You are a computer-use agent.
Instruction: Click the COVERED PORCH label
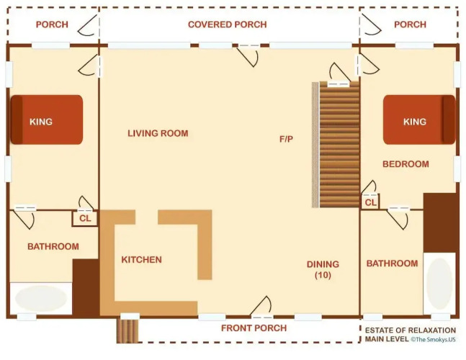click(228, 24)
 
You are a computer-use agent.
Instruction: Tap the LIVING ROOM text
click(158, 133)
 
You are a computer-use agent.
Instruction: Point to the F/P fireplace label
click(286, 139)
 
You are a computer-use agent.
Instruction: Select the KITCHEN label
click(141, 260)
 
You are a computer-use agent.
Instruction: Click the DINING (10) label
click(323, 269)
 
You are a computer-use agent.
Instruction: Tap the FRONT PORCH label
click(254, 328)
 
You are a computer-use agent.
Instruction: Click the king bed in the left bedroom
click(47, 120)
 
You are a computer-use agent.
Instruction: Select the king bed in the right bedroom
click(419, 120)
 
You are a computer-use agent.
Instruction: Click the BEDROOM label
click(405, 164)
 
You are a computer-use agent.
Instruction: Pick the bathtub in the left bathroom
click(41, 298)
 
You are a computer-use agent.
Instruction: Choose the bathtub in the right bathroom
click(439, 284)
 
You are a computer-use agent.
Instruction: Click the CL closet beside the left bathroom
click(85, 218)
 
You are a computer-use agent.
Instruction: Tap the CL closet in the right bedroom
click(370, 202)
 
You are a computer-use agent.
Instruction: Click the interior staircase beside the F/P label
click(339, 144)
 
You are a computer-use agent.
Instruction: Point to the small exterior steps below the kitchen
click(127, 331)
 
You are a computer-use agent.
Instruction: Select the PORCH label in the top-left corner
click(52, 24)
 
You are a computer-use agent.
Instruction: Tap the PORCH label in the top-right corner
click(410, 24)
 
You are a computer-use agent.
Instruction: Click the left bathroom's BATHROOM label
click(53, 246)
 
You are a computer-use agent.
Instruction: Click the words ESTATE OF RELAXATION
click(411, 330)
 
